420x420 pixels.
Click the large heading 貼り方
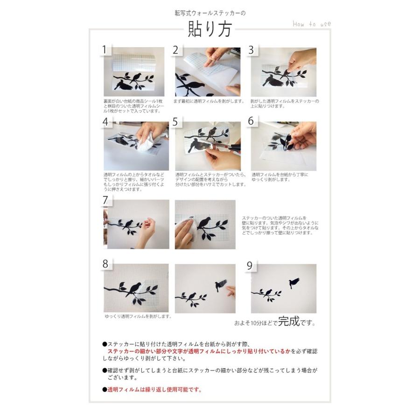click(x=210, y=30)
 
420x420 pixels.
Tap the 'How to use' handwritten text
click(x=311, y=24)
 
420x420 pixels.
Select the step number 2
click(x=176, y=50)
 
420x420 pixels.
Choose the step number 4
click(x=105, y=122)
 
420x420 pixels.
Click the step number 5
click(x=175, y=122)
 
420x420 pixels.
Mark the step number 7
click(x=105, y=200)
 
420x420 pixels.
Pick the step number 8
click(x=105, y=264)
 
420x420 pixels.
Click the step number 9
click(x=250, y=266)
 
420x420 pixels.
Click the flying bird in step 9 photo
click(x=294, y=282)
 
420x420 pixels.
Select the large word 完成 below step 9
click(x=288, y=322)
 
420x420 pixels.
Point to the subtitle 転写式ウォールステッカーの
click(x=210, y=13)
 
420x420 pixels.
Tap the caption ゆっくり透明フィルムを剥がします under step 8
click(x=138, y=316)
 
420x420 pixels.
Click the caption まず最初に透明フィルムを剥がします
click(x=209, y=101)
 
